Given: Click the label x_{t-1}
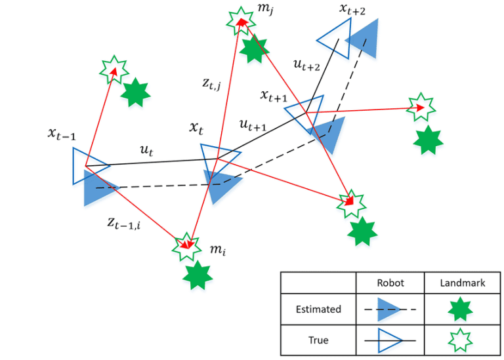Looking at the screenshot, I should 62,134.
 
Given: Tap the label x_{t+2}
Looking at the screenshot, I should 352,9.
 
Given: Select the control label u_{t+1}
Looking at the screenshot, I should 253,124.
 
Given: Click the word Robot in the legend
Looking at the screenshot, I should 390,283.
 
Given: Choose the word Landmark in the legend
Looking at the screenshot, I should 463,283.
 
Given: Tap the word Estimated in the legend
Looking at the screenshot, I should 319,309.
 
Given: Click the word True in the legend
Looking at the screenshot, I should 319,340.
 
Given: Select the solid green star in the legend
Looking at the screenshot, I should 462,309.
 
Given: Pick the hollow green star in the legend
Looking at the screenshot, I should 462,340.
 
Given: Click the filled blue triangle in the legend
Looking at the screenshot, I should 388,309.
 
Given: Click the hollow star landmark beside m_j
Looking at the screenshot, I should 240,21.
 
